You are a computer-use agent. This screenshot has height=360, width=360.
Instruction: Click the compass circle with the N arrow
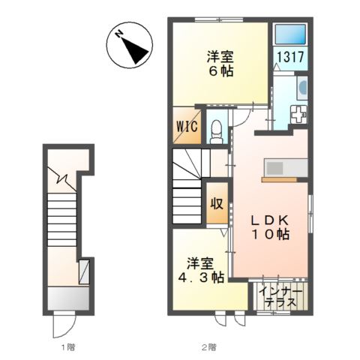pos(130,45)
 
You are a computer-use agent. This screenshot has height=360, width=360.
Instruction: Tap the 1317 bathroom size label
pos(290,57)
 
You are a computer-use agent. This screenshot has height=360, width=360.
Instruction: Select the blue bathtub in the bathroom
pos(290,34)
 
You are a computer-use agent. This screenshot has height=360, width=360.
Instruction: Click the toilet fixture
pos(216,132)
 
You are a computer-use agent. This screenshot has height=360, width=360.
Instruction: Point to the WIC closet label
pos(187,127)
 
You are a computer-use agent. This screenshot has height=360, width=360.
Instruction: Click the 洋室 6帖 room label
pos(220,64)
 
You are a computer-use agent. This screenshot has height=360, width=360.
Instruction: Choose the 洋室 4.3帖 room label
pos(201,271)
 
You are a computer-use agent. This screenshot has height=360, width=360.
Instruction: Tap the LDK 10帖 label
pos(270,227)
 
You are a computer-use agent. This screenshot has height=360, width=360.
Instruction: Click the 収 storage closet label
pos(217,204)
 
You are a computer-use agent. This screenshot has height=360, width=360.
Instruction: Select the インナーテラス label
pos(280,297)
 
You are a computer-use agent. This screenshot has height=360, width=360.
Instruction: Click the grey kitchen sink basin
pos(274,168)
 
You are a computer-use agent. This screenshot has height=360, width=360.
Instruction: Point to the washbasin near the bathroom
pos(302,87)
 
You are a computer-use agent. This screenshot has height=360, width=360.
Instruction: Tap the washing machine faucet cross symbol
pos(298,115)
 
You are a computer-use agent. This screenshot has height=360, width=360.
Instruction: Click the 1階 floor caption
pos(68,347)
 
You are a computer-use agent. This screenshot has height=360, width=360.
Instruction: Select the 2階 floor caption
pos(208,347)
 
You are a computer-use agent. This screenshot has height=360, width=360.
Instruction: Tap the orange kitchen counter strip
pos(279,179)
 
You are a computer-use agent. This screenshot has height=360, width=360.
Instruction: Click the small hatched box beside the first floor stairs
pos(84,272)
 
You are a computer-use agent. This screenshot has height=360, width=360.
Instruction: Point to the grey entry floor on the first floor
pos(68,298)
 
